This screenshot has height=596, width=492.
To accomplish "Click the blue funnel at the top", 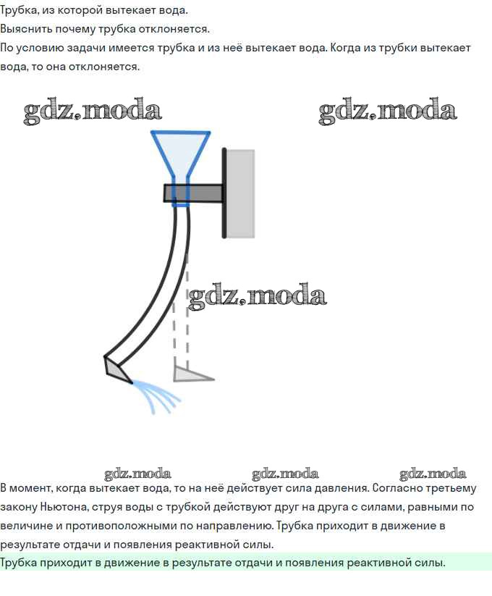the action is click(180, 159).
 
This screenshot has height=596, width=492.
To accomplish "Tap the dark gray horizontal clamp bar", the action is click(194, 193).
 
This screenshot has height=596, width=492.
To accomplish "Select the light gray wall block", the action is click(240, 193).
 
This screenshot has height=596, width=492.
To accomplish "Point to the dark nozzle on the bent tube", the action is click(117, 370).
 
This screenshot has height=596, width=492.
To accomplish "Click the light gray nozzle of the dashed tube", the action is click(192, 374).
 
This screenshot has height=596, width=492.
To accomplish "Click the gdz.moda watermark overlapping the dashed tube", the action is click(257, 296).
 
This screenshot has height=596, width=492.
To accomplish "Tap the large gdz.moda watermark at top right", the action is click(388, 110).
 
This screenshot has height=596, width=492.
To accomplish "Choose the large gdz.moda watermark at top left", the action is click(93, 110).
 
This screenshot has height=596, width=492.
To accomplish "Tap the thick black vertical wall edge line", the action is click(224, 193).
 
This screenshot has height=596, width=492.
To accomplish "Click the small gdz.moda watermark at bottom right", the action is click(433, 474).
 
